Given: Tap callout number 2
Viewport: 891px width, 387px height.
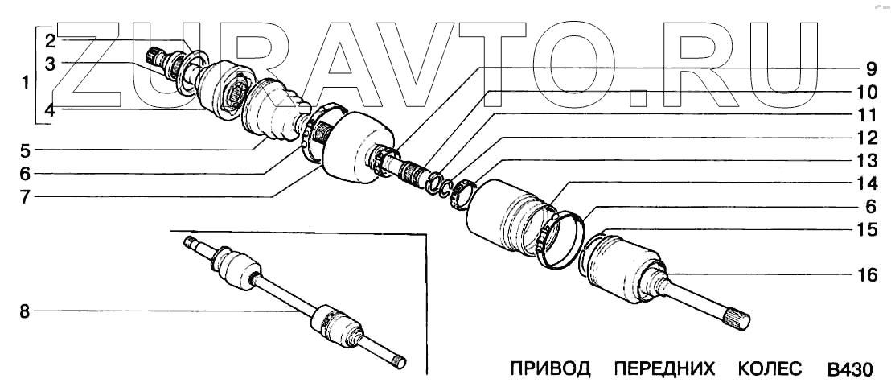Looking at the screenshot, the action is (x=49, y=40).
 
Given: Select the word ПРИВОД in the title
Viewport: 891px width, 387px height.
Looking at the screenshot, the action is (x=551, y=370).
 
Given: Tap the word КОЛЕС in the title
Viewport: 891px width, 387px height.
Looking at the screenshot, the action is (x=770, y=370).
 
